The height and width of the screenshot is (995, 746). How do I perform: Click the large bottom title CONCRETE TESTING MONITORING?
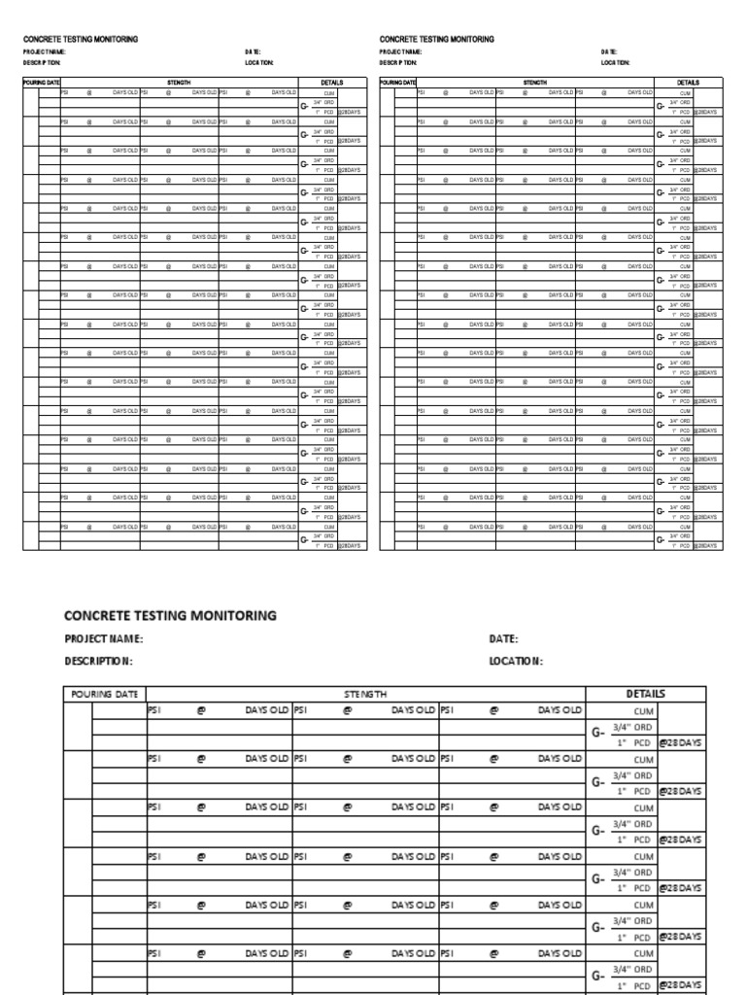pos(170,615)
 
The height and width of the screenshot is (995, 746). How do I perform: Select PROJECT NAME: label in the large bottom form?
pos(104,638)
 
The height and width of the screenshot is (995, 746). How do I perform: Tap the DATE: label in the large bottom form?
pos(503,638)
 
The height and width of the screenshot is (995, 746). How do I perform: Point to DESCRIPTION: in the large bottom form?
pos(98,661)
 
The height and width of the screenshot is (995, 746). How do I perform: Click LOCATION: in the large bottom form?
pos(516,661)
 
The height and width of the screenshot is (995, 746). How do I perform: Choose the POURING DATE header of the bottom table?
pos(106,694)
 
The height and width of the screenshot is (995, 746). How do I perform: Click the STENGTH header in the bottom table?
pos(365,694)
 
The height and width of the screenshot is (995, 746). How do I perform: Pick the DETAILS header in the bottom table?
pos(646,694)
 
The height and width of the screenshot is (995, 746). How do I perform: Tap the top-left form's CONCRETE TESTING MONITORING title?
pos(81,39)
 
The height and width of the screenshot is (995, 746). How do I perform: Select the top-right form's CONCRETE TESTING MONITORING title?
pos(437,39)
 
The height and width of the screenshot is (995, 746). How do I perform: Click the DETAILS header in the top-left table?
pos(332,84)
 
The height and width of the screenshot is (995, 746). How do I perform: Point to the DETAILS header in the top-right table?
pos(689,84)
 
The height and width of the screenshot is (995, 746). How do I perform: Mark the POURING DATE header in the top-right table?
pos(398,84)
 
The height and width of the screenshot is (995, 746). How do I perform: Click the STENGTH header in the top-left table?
pos(179,84)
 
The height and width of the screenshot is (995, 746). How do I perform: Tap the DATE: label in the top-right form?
pos(608,51)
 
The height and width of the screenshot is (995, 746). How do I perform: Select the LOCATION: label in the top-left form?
pos(259,62)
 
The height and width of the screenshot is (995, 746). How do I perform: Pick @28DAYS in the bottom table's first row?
pos(680,743)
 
